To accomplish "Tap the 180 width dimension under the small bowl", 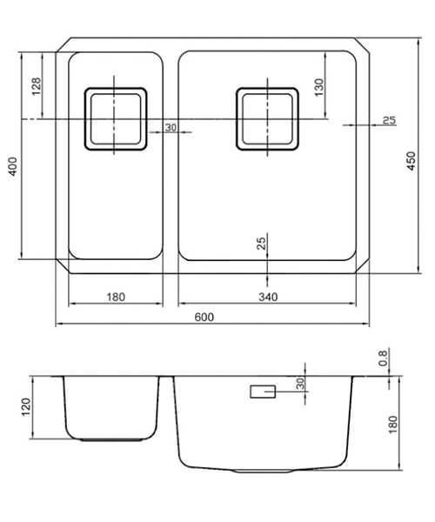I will [x=115, y=298].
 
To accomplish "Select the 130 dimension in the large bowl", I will [x=319, y=86].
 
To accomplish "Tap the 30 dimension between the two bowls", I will [x=170, y=128].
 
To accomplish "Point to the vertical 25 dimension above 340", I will [x=261, y=244].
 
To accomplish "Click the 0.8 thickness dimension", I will [x=383, y=357].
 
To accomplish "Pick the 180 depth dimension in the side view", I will [x=392, y=424].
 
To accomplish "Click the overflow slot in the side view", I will [x=263, y=393].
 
